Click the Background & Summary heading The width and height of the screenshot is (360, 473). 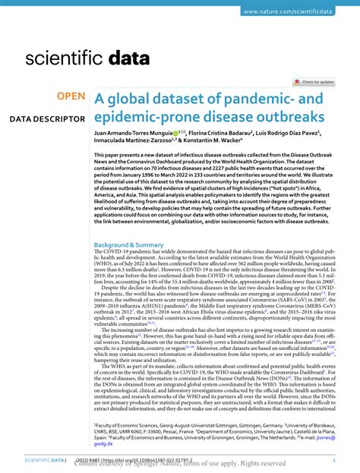point(128,245)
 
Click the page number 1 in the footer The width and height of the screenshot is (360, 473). point(333,460)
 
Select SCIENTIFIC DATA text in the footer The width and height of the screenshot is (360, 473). point(43,460)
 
